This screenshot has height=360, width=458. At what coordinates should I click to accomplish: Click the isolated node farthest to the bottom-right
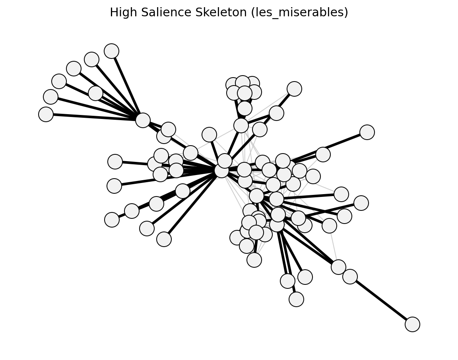coord(412,324)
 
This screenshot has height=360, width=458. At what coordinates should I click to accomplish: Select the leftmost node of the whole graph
coord(46,114)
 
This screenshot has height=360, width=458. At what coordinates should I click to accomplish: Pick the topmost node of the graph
coord(112,51)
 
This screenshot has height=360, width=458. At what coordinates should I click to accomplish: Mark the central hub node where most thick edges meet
coord(222,171)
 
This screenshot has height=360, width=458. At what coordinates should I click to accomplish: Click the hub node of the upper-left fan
coord(143,121)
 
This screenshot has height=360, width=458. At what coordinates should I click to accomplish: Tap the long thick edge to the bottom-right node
coord(381,300)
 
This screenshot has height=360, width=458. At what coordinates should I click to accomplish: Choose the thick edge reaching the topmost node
coord(127,86)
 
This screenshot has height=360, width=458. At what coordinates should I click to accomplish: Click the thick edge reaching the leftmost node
coord(94,117)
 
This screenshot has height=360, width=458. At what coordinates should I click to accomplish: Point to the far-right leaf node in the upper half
coord(367,132)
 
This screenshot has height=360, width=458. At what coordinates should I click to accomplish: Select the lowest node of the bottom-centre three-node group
coord(297,299)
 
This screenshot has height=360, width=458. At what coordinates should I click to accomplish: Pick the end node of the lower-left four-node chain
coord(112,220)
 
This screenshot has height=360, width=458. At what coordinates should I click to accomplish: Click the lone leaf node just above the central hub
coord(209,135)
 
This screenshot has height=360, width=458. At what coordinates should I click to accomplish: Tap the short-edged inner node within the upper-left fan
coord(95,93)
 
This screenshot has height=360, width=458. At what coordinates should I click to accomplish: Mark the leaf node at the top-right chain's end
coord(294,89)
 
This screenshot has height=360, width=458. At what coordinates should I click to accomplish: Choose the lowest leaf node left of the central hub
coord(164,239)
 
